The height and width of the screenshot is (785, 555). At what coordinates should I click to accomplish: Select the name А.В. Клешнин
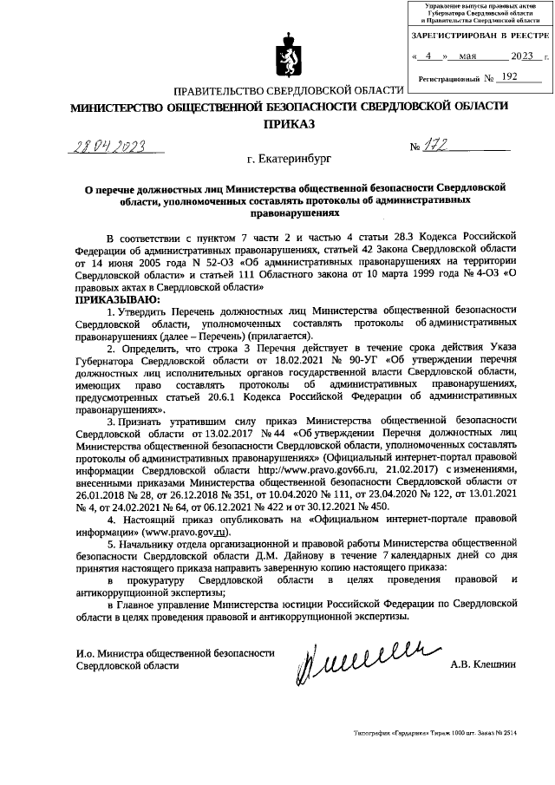pyautogui.click(x=483, y=664)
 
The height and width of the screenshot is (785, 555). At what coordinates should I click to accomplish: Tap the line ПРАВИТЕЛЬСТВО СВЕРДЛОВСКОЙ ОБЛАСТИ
pyautogui.click(x=289, y=91)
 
